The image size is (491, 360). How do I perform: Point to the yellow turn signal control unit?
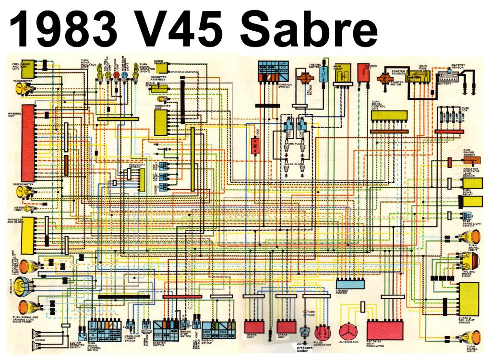tap(389, 117)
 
